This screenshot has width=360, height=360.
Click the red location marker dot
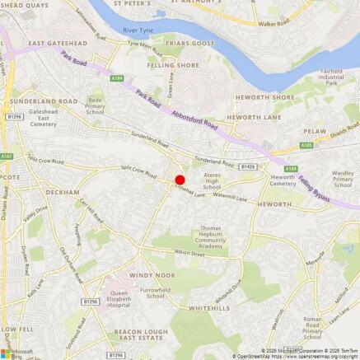click(x=180, y=180)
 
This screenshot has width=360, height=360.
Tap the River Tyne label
click(x=138, y=30)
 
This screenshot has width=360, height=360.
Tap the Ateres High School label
click(x=212, y=180)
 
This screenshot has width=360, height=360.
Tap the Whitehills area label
click(x=208, y=307)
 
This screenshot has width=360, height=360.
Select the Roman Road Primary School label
click(x=312, y=327)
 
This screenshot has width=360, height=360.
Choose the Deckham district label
click(x=63, y=191)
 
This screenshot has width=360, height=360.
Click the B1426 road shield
click(x=248, y=166)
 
